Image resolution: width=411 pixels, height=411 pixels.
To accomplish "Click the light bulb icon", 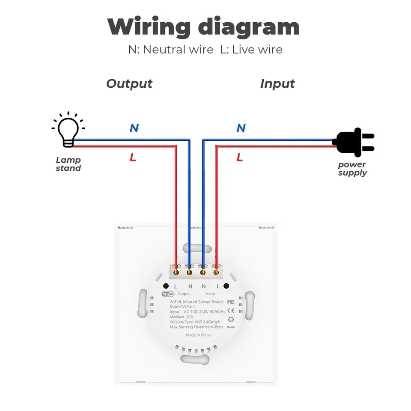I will click(68, 130).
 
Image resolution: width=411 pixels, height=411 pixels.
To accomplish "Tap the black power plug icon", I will click(353, 142).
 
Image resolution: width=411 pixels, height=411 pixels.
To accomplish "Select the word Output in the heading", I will click(129, 83).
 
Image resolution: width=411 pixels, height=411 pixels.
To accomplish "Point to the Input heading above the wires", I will click(277, 83).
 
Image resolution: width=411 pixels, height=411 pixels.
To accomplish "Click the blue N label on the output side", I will click(134, 128).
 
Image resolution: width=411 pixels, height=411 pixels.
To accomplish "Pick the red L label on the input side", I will click(240, 158).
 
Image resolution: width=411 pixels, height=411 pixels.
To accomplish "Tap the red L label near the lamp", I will click(133, 158).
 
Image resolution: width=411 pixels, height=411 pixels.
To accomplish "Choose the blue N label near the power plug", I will click(241, 128).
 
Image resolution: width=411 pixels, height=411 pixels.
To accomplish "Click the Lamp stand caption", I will click(68, 164).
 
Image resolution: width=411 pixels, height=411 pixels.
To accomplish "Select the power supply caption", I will click(352, 169).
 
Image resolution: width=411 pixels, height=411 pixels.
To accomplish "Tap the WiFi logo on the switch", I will click(168, 294).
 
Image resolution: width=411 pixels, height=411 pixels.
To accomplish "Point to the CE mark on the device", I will click(231, 310).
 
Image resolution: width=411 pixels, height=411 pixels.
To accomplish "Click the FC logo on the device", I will click(231, 302).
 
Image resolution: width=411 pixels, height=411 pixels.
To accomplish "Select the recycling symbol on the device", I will click(231, 319).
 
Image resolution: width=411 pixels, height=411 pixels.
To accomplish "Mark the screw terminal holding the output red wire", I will click(176, 271).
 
